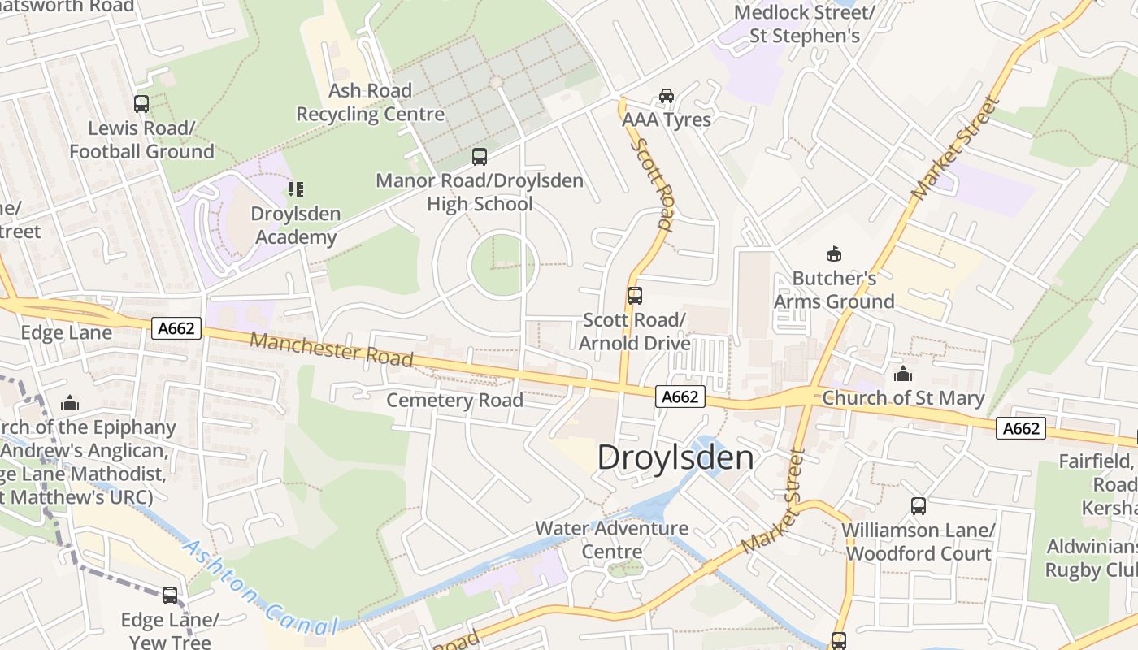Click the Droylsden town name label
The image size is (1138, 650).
pyautogui.click(x=675, y=457)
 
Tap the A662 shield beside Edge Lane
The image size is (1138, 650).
pyautogui.click(x=176, y=327)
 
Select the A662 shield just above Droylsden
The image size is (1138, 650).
pyautogui.click(x=680, y=396)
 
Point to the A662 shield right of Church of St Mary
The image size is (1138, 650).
pyautogui.click(x=1021, y=428)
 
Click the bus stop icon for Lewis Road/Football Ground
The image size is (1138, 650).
pyautogui.click(x=141, y=104)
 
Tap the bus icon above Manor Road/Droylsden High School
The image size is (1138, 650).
pyautogui.click(x=480, y=156)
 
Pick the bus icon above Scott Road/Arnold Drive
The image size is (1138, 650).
pyautogui.click(x=634, y=296)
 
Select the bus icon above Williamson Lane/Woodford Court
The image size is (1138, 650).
pyautogui.click(x=919, y=506)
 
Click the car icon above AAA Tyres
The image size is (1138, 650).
pyautogui.click(x=667, y=96)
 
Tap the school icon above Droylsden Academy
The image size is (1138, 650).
pyautogui.click(x=295, y=189)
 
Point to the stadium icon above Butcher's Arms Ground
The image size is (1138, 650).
pyautogui.click(x=833, y=254)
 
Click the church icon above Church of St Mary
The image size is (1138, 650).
pyautogui.click(x=902, y=374)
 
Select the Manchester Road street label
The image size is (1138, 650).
pyautogui.click(x=332, y=349)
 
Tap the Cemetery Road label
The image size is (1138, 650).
pyautogui.click(x=454, y=400)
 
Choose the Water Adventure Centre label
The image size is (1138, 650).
pyautogui.click(x=611, y=539)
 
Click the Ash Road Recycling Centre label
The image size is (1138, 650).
pyautogui.click(x=370, y=102)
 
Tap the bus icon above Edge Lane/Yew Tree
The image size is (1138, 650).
pyautogui.click(x=170, y=596)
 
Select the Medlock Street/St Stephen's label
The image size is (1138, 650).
pyautogui.click(x=804, y=24)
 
